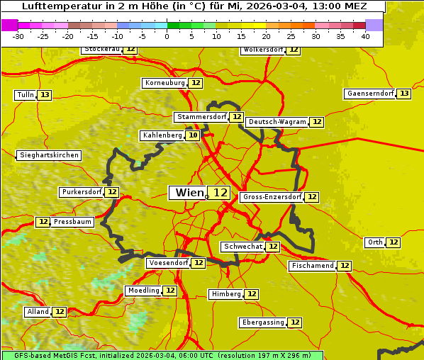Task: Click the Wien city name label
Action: (x=188, y=193)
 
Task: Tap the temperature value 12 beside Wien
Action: (x=220, y=193)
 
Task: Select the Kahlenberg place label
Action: (x=162, y=135)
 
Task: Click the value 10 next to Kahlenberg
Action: (x=193, y=135)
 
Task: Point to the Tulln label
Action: (x=25, y=95)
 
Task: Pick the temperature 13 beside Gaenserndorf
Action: (x=404, y=94)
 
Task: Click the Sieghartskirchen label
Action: (x=49, y=155)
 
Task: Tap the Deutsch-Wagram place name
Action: (x=277, y=122)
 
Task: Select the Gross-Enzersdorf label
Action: (x=272, y=197)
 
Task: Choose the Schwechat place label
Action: (x=242, y=247)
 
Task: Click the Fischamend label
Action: (x=312, y=266)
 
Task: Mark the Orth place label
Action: (x=375, y=242)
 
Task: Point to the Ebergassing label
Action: (x=262, y=322)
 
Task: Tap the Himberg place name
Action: (x=226, y=294)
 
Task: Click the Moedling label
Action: (x=143, y=291)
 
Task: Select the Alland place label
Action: (x=38, y=312)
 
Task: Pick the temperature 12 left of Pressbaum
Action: (x=43, y=222)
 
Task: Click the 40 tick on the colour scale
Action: (x=365, y=36)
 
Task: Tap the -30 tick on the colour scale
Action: (x=18, y=36)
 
